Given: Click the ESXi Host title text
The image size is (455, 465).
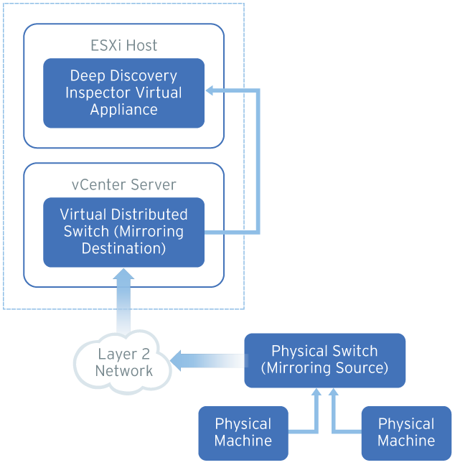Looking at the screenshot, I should pos(124,46).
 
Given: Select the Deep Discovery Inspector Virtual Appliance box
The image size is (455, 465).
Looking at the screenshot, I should pos(123,93).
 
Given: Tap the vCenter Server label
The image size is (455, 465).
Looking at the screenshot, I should pos(124,184).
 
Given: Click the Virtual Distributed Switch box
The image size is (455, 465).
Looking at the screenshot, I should pos(123,232).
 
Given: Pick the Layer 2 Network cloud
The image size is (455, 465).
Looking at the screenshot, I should pos(123,362).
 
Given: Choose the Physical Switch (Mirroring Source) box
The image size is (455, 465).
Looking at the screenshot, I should pos(324,360).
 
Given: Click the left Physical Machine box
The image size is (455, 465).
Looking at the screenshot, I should pos(243,433).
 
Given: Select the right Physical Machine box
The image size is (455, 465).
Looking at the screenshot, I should pos(406,433).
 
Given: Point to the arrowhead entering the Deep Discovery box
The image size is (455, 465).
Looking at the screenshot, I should pos(211,90).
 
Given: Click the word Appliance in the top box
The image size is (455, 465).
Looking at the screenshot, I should pos(124,110).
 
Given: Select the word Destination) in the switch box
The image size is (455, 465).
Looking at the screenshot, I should pos(124,248).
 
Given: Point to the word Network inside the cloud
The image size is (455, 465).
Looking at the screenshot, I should pos(124,371).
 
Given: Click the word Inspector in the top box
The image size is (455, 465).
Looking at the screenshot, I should pos(95,93).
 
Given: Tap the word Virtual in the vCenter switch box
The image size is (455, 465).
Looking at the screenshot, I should pos(83,215).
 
